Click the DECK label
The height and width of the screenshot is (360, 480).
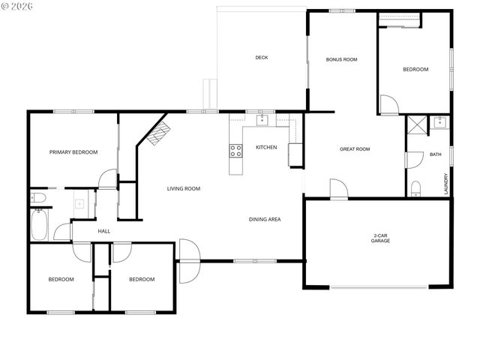pyautogui.click(x=261, y=58)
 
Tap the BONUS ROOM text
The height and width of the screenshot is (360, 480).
pyautogui.click(x=340, y=59)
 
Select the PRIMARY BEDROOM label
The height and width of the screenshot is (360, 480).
pyautogui.click(x=73, y=152)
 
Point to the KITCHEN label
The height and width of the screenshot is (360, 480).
pyautogui.click(x=266, y=147)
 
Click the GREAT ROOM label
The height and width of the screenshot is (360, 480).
pyautogui.click(x=355, y=149)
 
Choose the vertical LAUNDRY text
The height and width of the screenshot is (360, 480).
pyautogui.click(x=445, y=184)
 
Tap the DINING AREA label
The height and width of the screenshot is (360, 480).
pyautogui.click(x=265, y=219)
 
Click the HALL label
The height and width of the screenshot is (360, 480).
pyautogui.click(x=103, y=231)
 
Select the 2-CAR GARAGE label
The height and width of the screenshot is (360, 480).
pyautogui.click(x=379, y=239)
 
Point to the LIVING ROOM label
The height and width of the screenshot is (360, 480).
pyautogui.click(x=183, y=188)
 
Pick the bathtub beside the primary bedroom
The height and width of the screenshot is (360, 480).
pyautogui.click(x=40, y=223)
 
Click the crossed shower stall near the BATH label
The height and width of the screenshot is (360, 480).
pyautogui.click(x=415, y=124)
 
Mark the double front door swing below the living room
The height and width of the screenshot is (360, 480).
pyautogui.click(x=188, y=260)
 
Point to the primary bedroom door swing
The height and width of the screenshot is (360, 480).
pyautogui.click(x=109, y=178)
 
